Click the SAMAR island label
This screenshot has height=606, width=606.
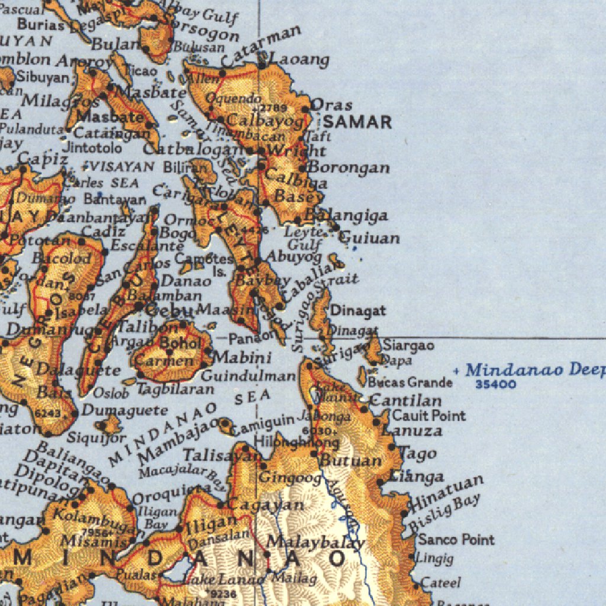click(x=357, y=123)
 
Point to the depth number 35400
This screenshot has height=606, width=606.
click(x=496, y=385)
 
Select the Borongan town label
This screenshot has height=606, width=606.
click(x=349, y=167)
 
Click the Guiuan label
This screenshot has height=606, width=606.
click(x=370, y=238)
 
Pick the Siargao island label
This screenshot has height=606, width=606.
click(x=409, y=345)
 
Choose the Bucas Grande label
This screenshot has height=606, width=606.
click(x=410, y=383)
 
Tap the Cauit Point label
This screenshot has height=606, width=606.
click(x=429, y=416)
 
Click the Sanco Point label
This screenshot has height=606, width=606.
click(x=456, y=539)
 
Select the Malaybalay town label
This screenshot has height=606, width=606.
click(x=315, y=542)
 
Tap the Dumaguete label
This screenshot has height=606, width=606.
click(x=125, y=410)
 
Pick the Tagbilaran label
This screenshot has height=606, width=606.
click(x=176, y=389)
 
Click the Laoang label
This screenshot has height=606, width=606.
click(x=299, y=60)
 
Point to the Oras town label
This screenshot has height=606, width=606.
click(x=331, y=105)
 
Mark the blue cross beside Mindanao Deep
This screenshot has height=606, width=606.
click(x=456, y=371)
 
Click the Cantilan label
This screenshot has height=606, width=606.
click(x=405, y=401)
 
